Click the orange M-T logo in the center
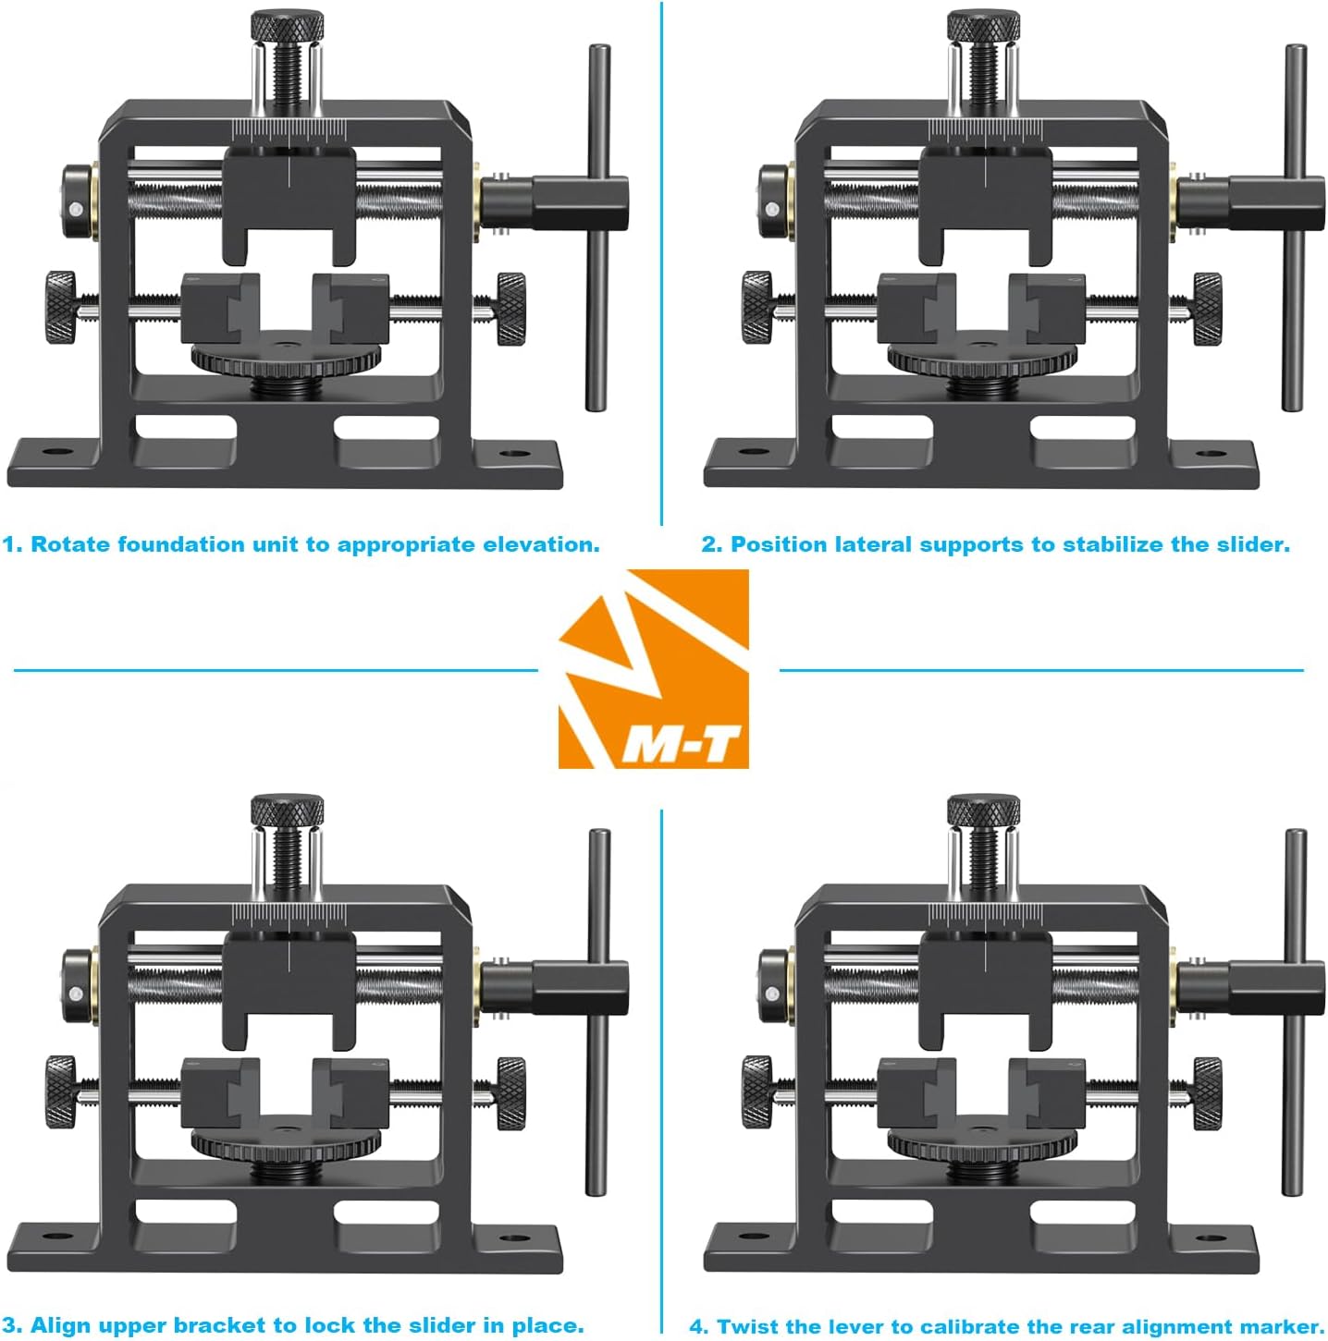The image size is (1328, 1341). click(x=653, y=669)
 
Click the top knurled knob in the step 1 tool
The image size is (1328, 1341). click(x=288, y=25)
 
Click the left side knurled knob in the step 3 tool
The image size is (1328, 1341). click(x=61, y=1092)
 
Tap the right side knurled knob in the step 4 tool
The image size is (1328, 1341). click(x=1207, y=1092)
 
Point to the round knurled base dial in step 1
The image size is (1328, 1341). click(x=287, y=356)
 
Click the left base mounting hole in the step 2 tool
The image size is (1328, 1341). click(x=755, y=453)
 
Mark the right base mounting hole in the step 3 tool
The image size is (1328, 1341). click(x=514, y=1237)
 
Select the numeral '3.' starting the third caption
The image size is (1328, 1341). click(x=12, y=1325)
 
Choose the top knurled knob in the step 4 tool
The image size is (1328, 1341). click(x=984, y=811)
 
